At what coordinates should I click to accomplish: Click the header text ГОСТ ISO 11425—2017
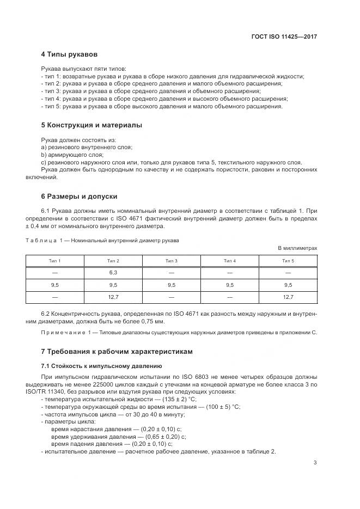tap(284, 36)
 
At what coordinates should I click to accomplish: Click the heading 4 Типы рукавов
tap(69, 54)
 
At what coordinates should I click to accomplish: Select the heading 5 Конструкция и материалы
tap(91, 125)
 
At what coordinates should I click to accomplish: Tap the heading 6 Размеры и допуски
tap(79, 196)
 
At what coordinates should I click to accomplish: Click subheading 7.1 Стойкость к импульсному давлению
tap(101, 365)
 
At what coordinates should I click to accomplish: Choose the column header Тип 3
tap(172, 261)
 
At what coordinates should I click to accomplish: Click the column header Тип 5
tap(288, 261)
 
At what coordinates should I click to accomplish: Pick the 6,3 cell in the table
tap(113, 272)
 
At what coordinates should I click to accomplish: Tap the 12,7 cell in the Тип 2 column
tap(113, 297)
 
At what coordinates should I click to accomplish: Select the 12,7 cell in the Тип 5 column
tap(288, 297)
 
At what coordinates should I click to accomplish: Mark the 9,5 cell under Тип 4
tap(230, 285)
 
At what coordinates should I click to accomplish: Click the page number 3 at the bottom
tap(315, 463)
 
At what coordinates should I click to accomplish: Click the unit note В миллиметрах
tap(297, 248)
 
